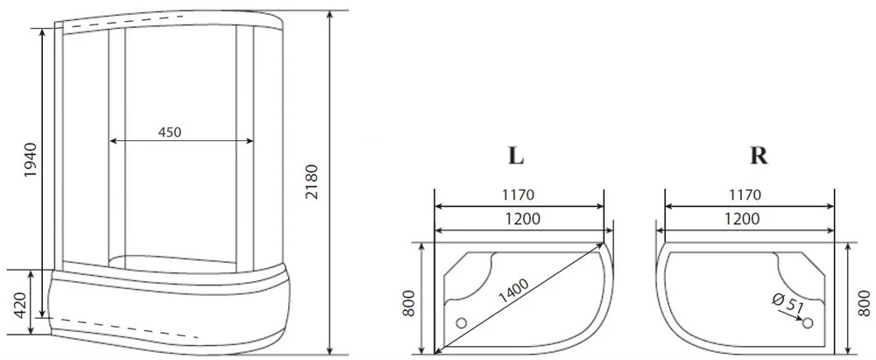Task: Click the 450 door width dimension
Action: (170, 132)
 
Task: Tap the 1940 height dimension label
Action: (30, 160)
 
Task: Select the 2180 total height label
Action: (313, 182)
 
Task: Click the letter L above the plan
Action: (516, 156)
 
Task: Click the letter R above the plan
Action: (758, 156)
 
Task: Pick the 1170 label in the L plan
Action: (518, 195)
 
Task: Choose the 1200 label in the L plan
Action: (524, 219)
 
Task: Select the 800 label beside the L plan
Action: (409, 304)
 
